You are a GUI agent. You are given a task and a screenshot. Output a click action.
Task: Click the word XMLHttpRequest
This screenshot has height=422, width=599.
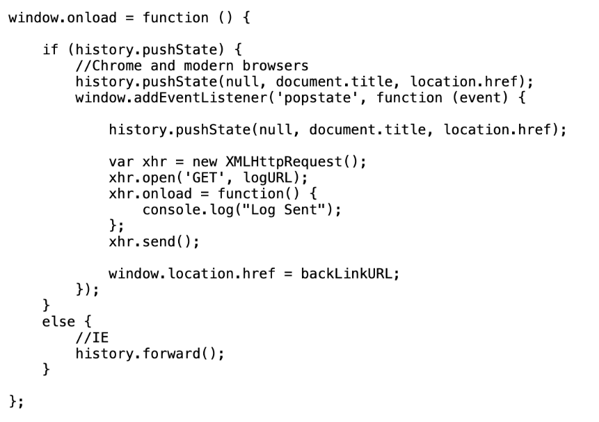285,162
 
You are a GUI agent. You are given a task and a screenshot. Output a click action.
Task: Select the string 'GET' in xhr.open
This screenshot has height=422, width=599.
205,178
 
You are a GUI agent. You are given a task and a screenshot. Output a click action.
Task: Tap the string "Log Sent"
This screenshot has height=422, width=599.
284,210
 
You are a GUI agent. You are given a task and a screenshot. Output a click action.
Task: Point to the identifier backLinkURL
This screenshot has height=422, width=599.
347,274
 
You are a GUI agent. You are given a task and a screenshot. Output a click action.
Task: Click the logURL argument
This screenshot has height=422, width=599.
268,178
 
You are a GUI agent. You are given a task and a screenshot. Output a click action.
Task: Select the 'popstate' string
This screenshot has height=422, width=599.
318,98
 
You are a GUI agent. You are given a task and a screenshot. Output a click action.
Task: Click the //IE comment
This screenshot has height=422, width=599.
92,338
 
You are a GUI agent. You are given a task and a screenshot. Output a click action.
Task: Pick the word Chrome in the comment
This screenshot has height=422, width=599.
117,65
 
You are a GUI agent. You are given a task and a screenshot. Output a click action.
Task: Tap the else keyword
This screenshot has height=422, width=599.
58,322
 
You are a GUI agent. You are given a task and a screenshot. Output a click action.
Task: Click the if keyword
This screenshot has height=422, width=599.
50,49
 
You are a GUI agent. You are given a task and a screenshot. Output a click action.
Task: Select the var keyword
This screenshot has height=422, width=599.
122,162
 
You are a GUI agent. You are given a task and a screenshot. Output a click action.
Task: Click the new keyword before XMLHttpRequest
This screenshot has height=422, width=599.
205,162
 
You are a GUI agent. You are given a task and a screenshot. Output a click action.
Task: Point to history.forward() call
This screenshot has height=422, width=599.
146,354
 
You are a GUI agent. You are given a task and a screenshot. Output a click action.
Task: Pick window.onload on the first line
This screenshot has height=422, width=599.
63,18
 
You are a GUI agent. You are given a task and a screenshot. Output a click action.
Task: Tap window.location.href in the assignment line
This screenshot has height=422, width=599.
192,274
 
